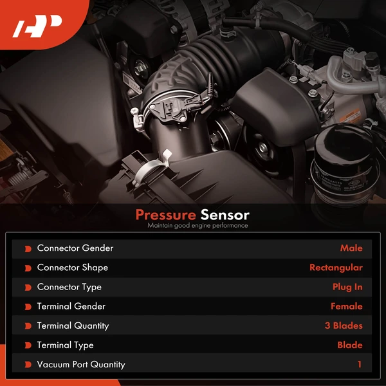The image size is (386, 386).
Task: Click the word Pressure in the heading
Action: tap(165, 215)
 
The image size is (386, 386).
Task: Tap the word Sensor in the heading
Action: tap(225, 215)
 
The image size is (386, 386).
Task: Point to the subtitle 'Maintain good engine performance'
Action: tap(197, 226)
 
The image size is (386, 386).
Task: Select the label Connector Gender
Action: tap(75, 248)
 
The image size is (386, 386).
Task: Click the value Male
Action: tap(351, 248)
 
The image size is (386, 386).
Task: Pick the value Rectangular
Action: tap(336, 268)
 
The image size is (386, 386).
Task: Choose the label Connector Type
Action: tap(69, 287)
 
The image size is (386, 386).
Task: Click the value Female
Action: tap(346, 306)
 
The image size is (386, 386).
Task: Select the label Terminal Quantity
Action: tap(73, 326)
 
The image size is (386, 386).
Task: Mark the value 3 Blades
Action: tap(344, 326)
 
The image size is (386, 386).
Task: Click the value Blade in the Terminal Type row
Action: tap(350, 345)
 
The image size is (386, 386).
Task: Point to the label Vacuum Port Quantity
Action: tap(81, 364)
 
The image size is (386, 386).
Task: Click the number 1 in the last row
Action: tap(360, 364)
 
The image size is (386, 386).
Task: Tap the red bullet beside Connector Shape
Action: tap(28, 268)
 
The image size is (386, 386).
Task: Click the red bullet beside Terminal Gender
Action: tap(28, 306)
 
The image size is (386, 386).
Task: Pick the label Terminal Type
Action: tap(65, 345)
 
